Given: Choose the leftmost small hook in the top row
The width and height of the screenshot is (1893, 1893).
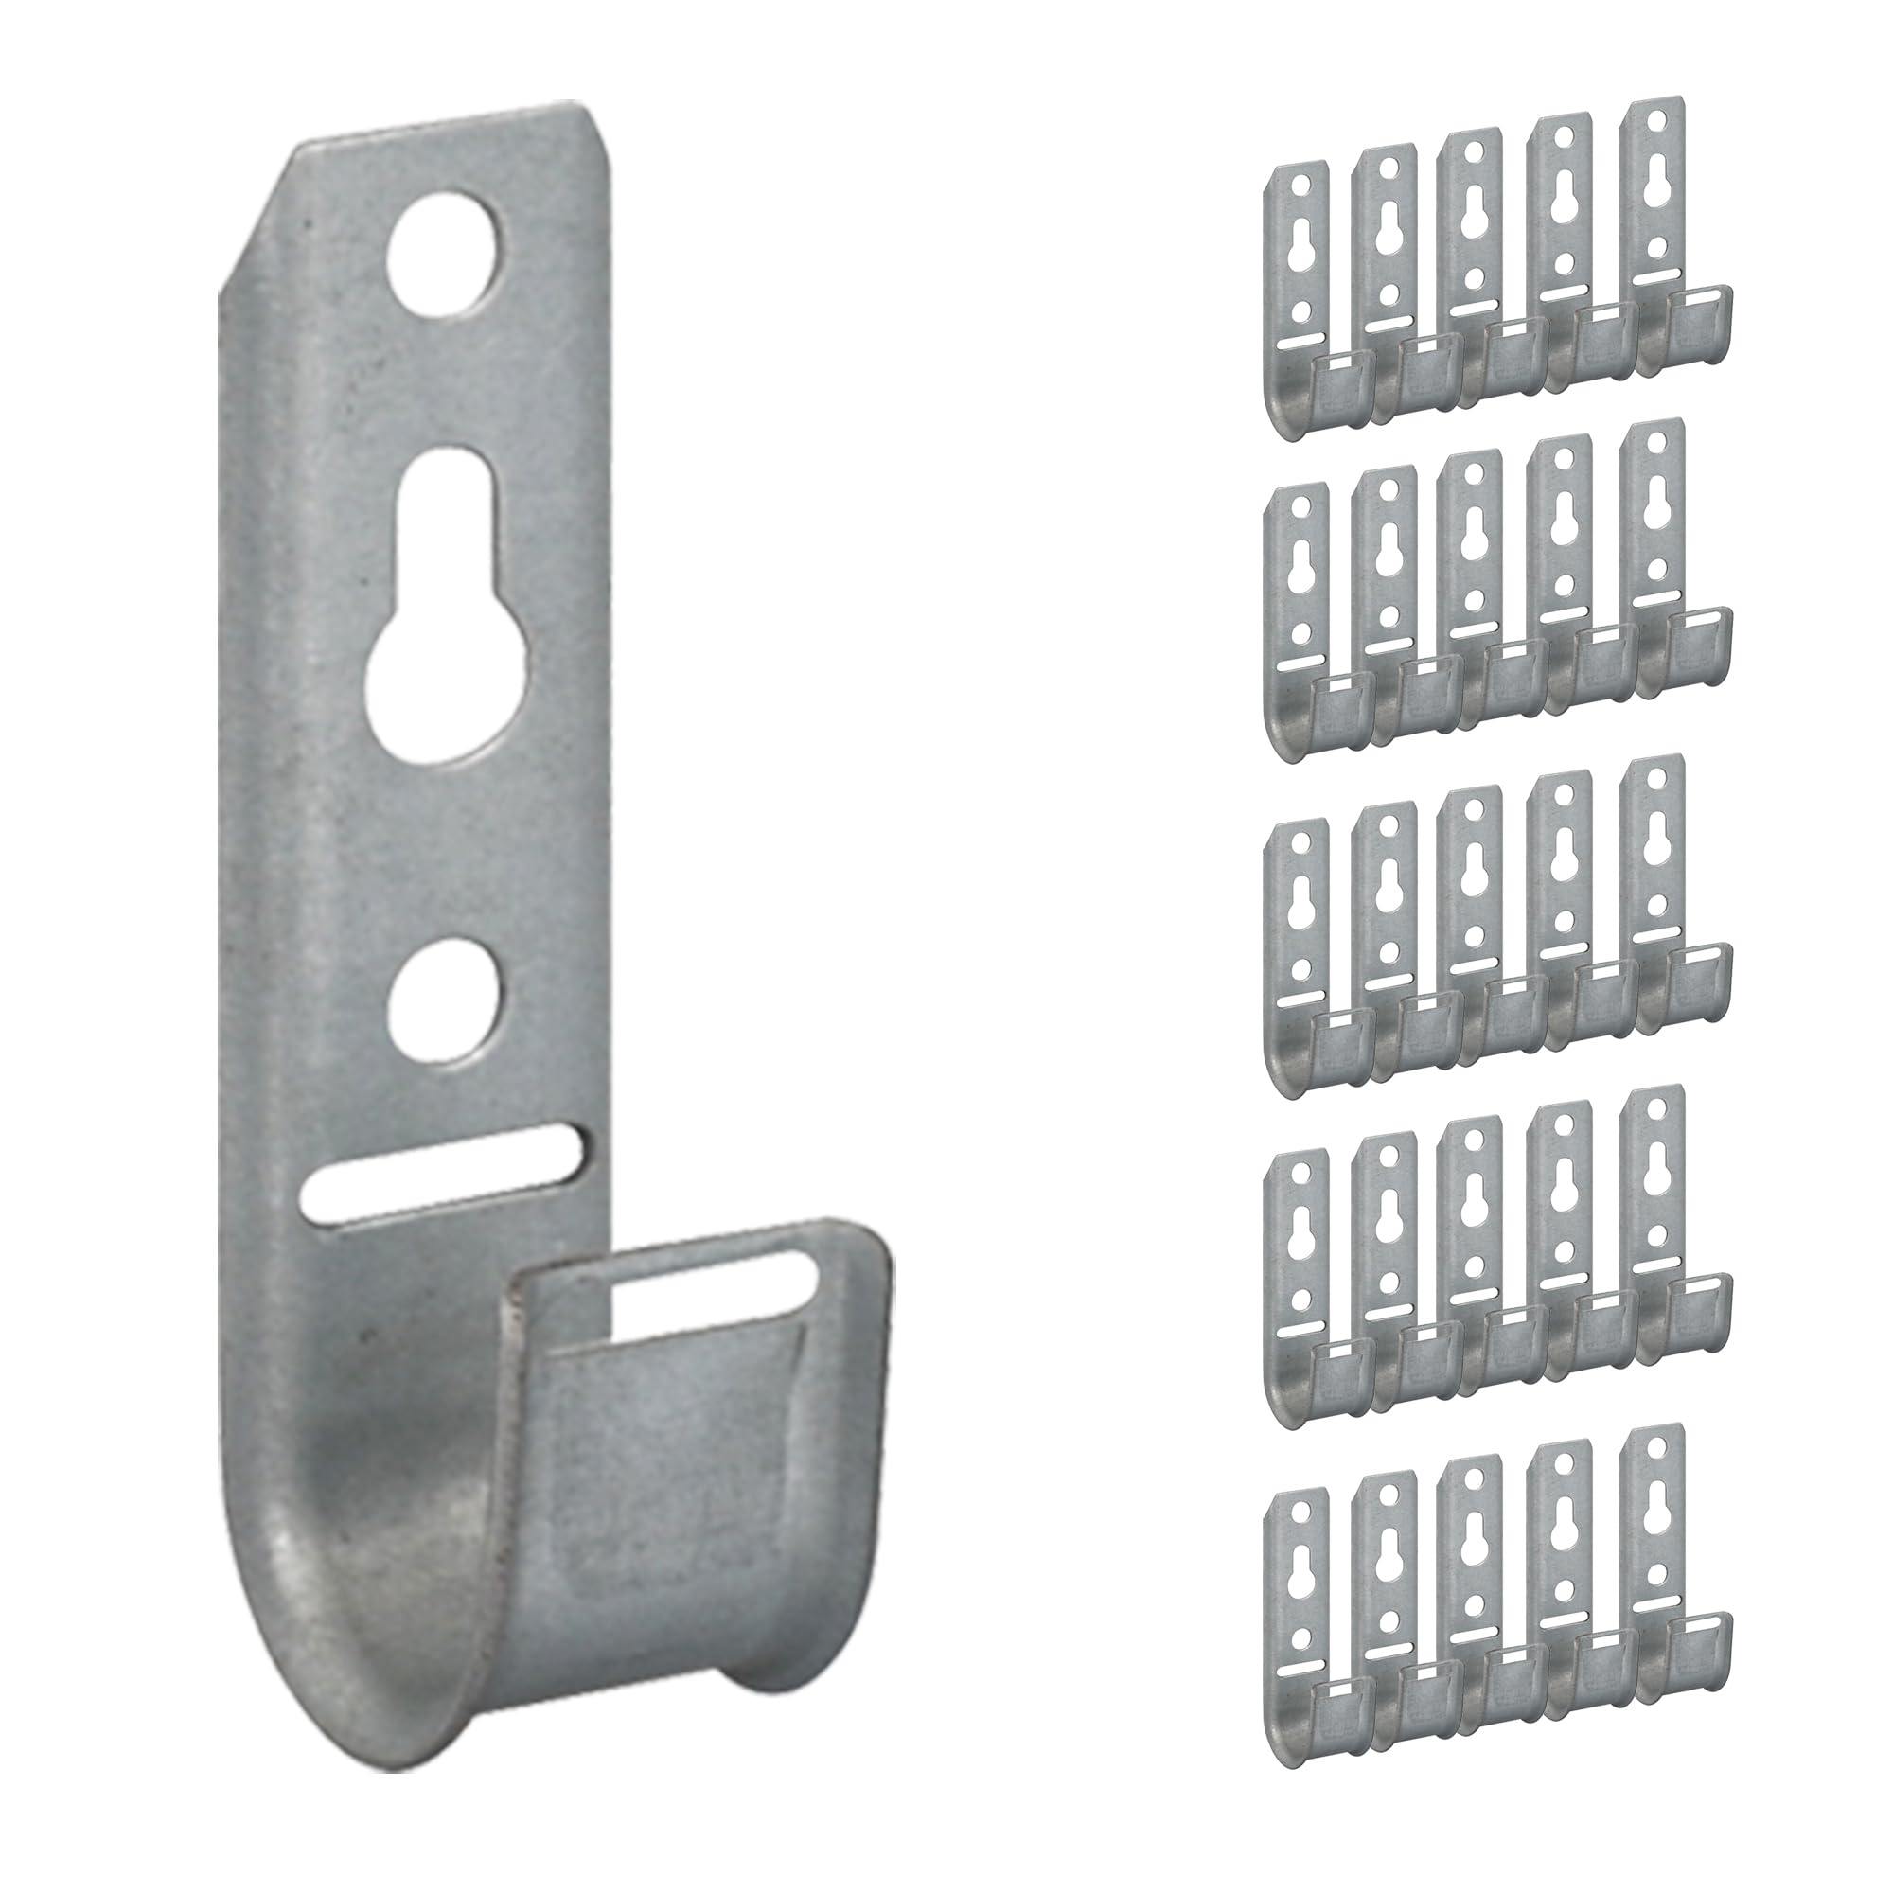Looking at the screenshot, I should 1299,294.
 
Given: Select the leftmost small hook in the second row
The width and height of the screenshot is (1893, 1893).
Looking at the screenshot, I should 1299,617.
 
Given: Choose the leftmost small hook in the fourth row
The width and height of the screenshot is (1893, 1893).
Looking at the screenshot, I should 1299,1264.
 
